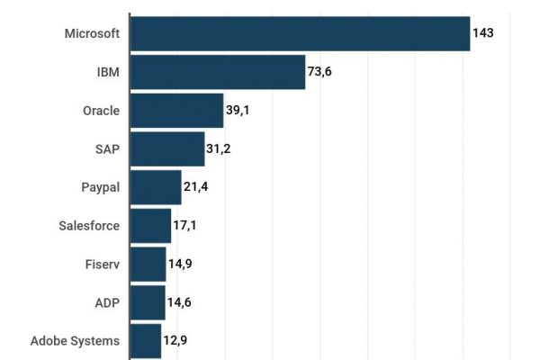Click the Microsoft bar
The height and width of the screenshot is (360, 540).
pos(300,33)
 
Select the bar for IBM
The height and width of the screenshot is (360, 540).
pos(218,72)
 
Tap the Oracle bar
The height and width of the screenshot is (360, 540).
pos(176,111)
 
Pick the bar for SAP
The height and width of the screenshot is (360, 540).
pos(167,148)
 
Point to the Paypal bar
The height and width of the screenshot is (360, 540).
pos(156,187)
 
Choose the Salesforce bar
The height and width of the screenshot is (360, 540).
pos(150,226)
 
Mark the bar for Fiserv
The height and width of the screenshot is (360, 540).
pos(148,265)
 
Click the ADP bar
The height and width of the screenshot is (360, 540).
pos(148,302)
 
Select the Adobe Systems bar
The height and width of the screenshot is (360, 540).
pos(146,341)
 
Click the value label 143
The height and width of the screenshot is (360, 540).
pos(483,33)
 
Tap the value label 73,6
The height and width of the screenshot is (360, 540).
pos(319,72)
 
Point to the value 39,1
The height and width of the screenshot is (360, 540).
pos(238,111)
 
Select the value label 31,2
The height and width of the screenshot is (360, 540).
pos(218,148)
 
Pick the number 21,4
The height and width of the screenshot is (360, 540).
pos(195,187)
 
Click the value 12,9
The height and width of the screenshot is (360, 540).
pos(175,341)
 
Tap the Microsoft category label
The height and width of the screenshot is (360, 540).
pos(92,33)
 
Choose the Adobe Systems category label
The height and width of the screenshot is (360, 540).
pos(75,341)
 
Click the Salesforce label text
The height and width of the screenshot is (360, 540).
pos(88,226)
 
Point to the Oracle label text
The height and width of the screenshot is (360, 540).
pos(101,111)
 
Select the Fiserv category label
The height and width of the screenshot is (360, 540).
pos(101,265)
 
